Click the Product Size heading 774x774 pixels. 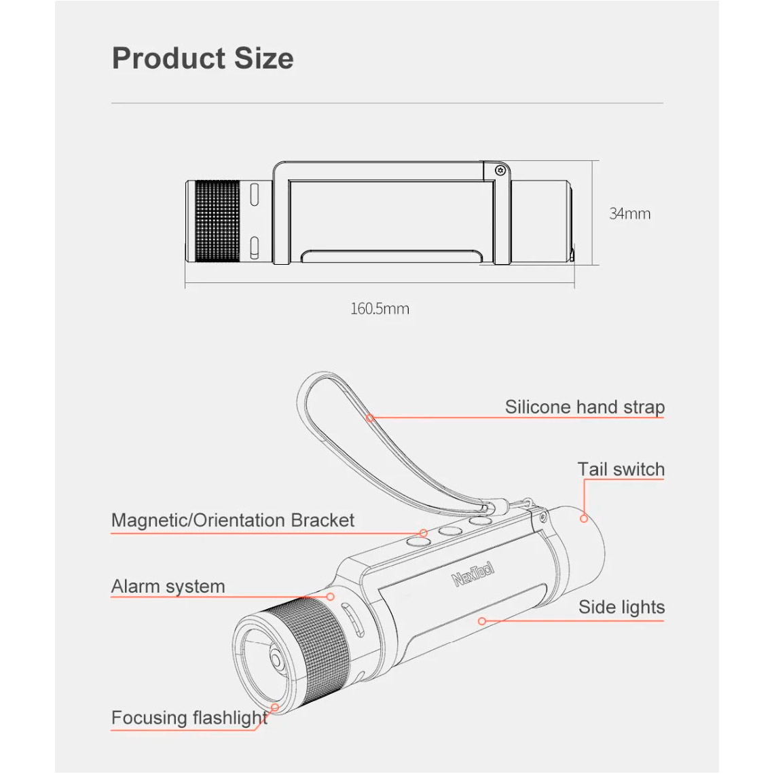[203, 58]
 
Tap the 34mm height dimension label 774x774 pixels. [630, 214]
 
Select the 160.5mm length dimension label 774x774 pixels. [380, 309]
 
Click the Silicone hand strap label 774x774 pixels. [585, 407]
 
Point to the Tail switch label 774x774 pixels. [621, 469]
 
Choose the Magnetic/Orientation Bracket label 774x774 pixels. [232, 520]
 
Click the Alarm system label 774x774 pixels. [168, 587]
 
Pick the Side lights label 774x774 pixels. [621, 607]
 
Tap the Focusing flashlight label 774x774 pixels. [189, 718]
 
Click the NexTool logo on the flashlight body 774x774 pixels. [473, 574]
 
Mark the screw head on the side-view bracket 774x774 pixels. [500, 170]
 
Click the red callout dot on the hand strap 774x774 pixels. [370, 418]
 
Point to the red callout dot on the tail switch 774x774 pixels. [583, 518]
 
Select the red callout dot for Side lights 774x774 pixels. [482, 621]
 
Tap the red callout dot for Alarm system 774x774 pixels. [330, 597]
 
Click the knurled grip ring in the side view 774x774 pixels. [218, 221]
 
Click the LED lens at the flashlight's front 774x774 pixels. [275, 660]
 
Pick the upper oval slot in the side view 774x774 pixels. [255, 195]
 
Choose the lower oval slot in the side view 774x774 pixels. [255, 247]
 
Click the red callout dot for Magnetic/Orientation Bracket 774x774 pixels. [424, 533]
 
